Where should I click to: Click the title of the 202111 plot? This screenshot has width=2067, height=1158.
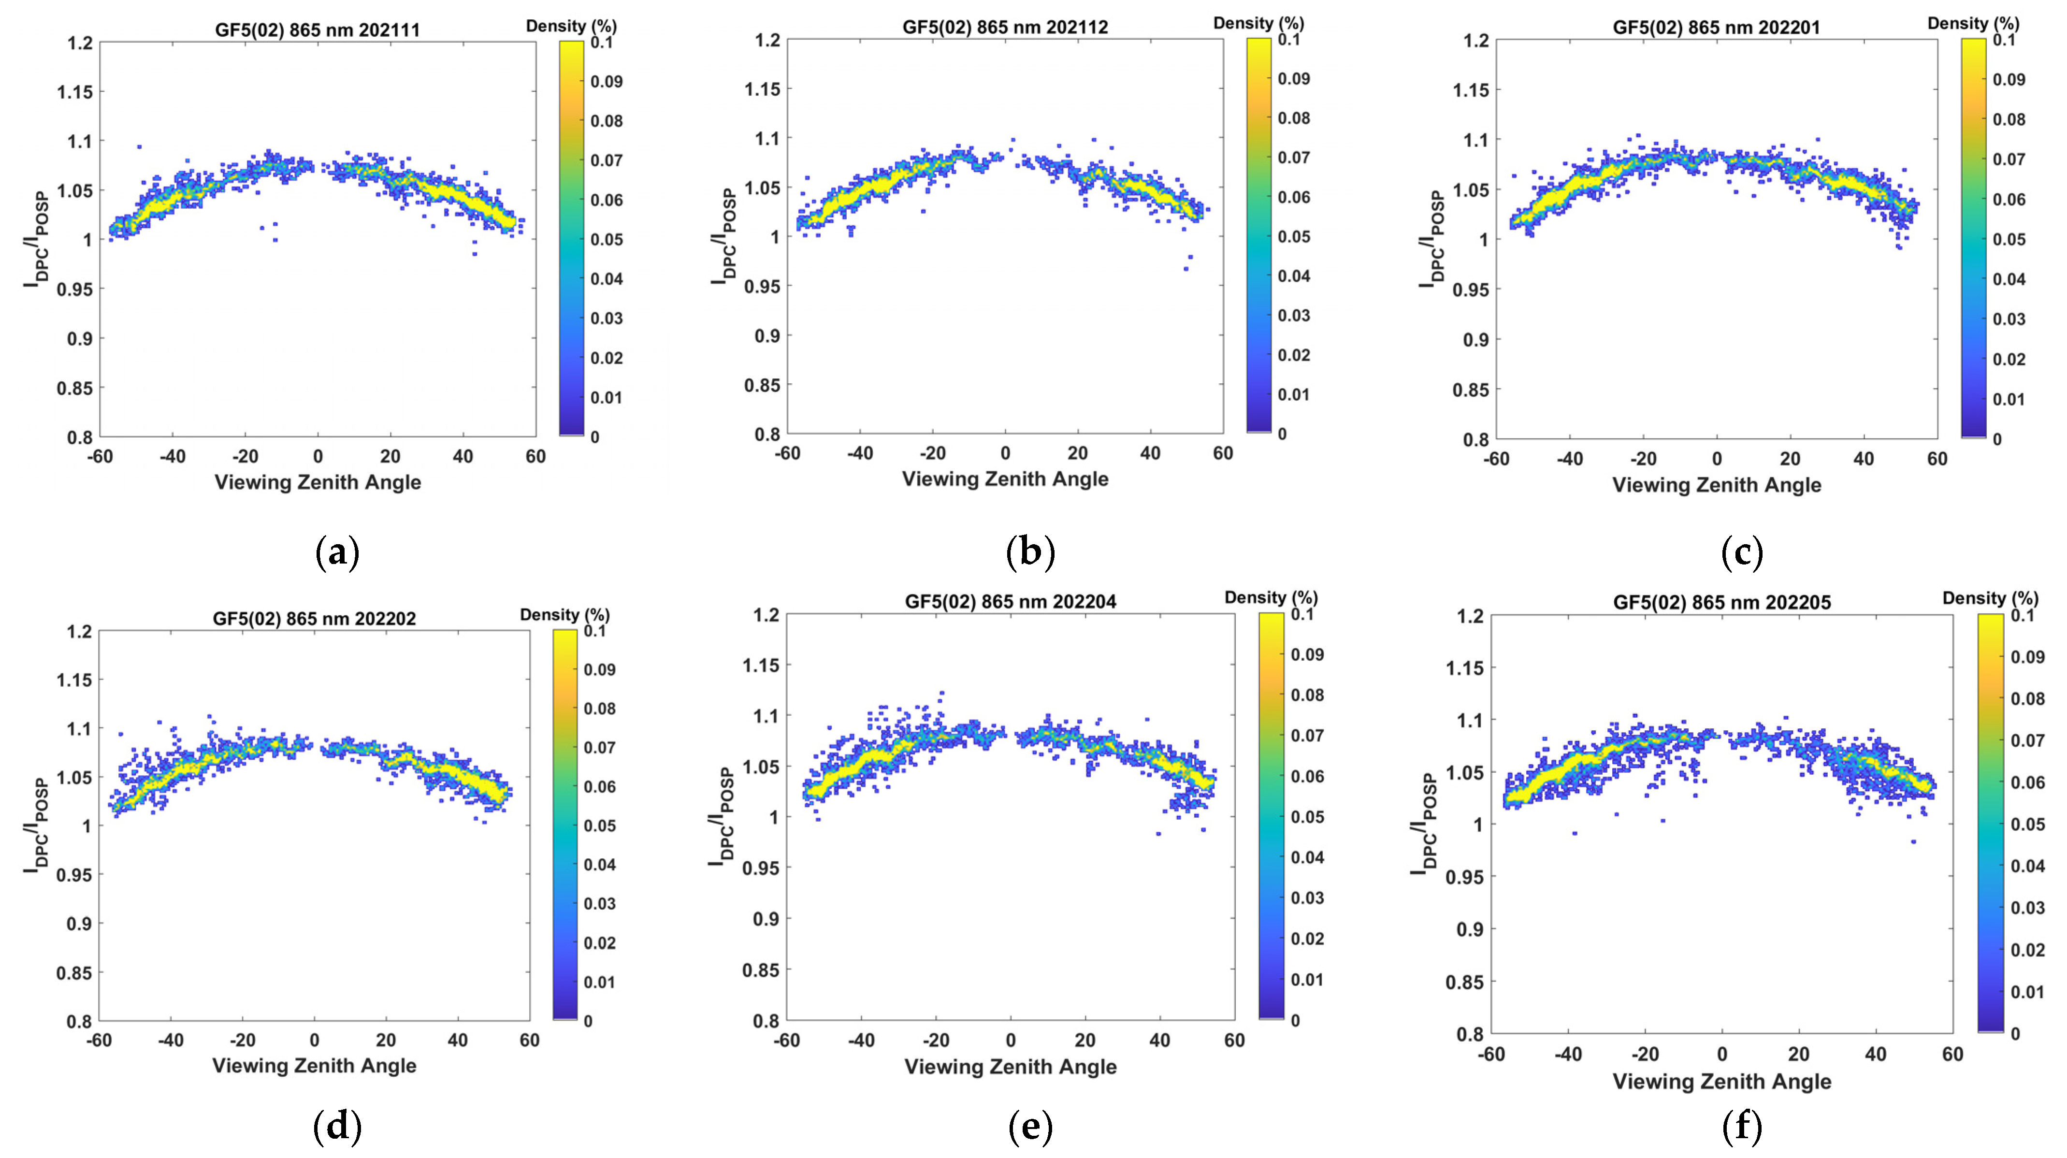[x=317, y=30]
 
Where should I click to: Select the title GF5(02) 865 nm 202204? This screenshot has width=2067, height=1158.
[x=1010, y=602]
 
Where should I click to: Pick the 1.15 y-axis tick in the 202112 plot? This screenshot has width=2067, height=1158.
[x=762, y=89]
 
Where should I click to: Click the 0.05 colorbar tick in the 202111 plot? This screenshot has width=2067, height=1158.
[x=606, y=239]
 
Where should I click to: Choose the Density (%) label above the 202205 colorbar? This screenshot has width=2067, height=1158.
[x=1990, y=599]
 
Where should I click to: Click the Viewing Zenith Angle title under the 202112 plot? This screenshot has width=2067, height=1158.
[x=1005, y=479]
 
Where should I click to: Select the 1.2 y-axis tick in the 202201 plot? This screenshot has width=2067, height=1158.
[x=1475, y=40]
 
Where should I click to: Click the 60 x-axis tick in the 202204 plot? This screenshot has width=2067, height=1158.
[x=1234, y=1041]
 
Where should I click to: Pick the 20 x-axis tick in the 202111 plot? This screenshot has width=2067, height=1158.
[x=390, y=457]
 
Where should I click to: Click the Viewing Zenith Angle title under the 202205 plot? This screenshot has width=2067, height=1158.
[x=1722, y=1082]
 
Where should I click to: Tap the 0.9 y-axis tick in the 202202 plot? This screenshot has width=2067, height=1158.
[x=79, y=924]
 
